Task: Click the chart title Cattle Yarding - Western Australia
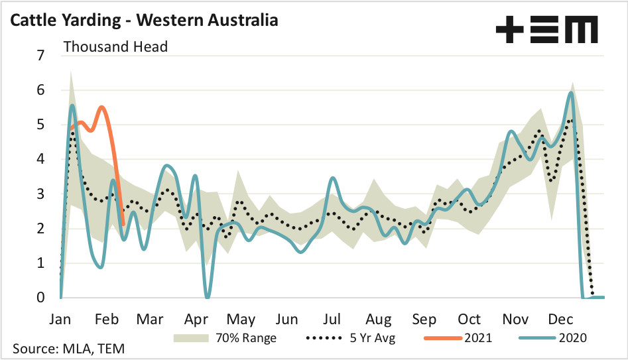[x=143, y=20]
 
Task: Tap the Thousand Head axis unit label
[x=115, y=46]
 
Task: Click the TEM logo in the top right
[x=546, y=30]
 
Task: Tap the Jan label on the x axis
[x=60, y=318]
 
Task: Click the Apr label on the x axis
[x=196, y=318]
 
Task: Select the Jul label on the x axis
[x=332, y=318]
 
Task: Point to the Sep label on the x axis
[x=423, y=318]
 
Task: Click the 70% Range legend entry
[x=225, y=337]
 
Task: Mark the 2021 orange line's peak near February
[x=101, y=107]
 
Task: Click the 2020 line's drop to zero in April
[x=208, y=296]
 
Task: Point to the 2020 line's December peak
[x=570, y=92]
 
